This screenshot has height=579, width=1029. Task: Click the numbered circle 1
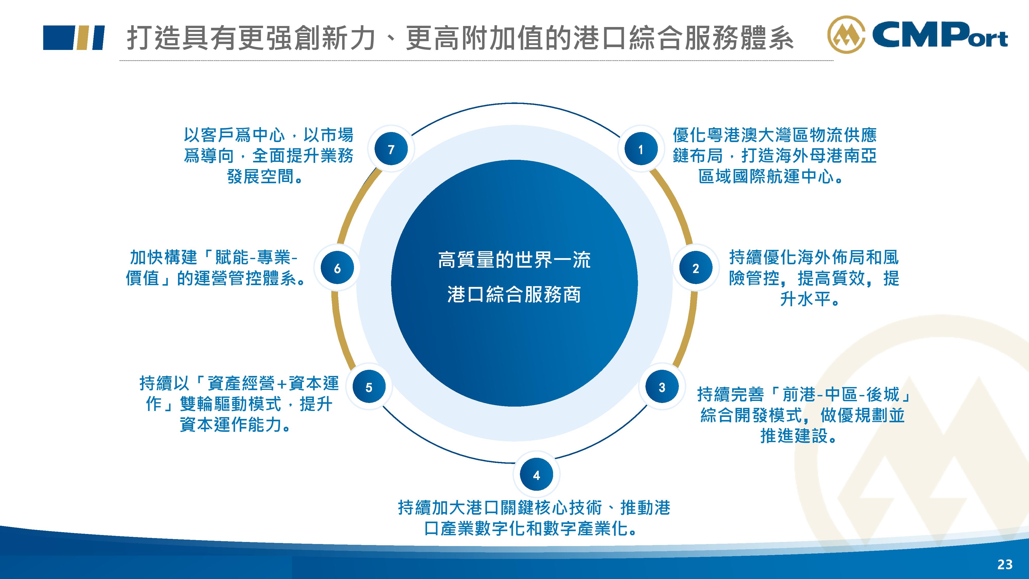click(641, 149)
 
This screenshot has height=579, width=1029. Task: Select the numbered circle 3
click(662, 387)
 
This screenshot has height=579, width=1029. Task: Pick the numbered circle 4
click(536, 475)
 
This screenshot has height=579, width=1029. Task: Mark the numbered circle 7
click(391, 149)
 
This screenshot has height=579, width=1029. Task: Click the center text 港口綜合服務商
click(514, 294)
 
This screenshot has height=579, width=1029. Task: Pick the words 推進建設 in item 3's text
click(794, 436)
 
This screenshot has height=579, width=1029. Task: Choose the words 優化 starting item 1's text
click(690, 135)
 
